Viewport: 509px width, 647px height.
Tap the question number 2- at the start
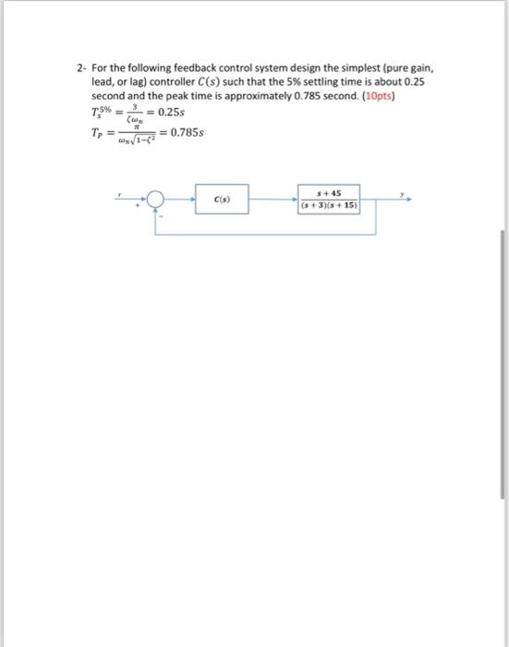(x=80, y=68)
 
